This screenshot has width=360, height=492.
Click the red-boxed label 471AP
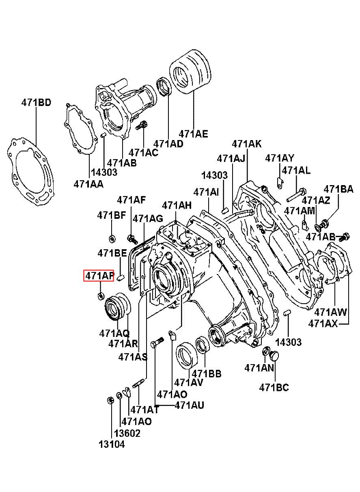99,276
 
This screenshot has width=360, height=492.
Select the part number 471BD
36,103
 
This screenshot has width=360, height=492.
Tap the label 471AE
194,134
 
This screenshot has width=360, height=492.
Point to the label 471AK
247,144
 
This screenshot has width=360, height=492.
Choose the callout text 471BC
274,387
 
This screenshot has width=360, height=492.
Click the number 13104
111,444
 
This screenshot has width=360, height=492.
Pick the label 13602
127,433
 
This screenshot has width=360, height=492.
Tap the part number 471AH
177,205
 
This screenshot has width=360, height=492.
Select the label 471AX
323,324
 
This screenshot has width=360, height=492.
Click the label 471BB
207,373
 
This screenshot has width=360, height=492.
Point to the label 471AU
190,405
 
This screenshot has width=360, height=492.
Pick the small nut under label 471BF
113,237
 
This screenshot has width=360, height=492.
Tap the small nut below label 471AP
101,296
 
